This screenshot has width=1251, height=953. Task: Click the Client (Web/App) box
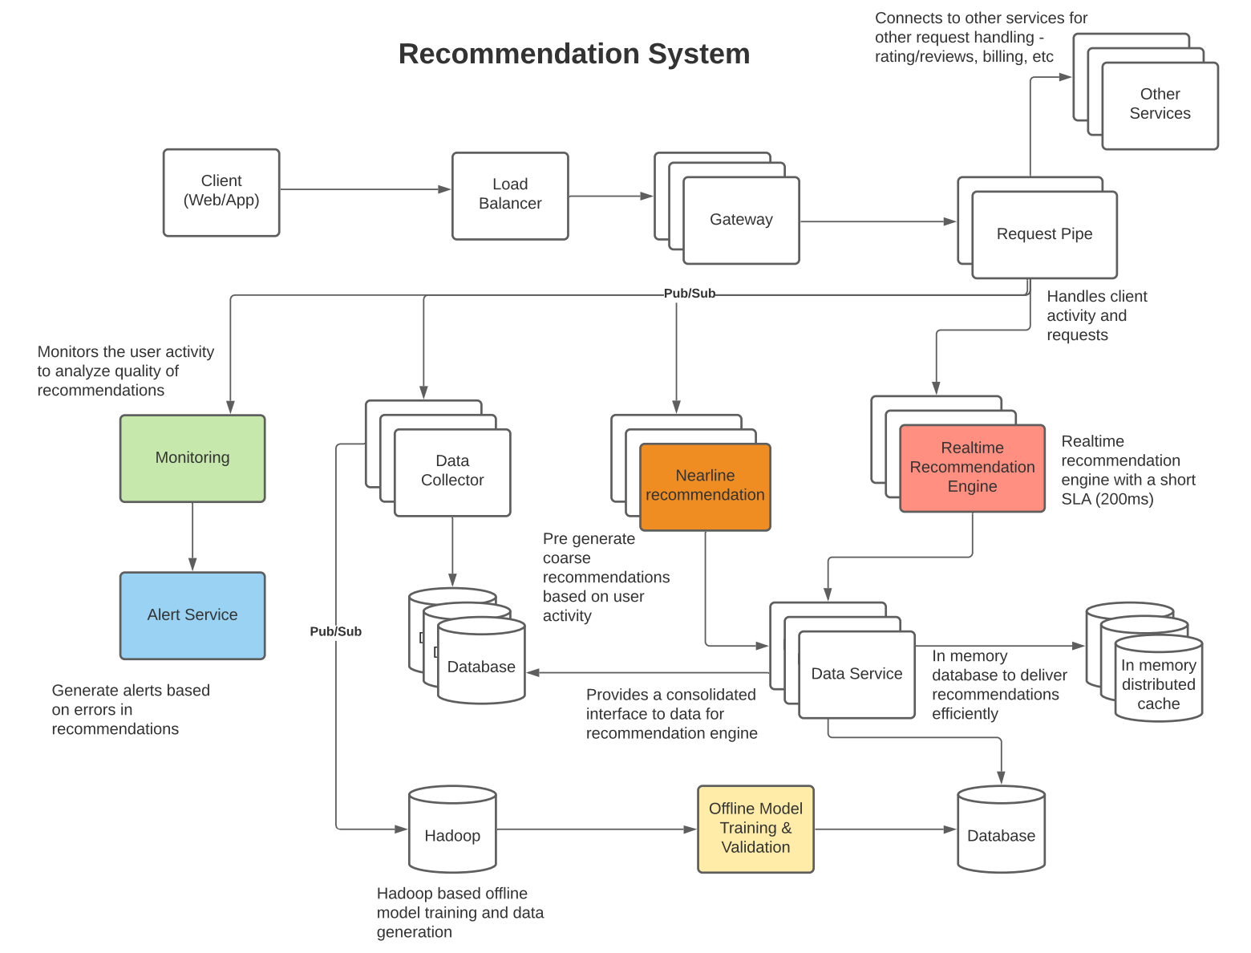click(x=221, y=193)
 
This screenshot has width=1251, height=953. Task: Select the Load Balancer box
click(x=510, y=196)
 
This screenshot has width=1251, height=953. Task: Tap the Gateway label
click(x=741, y=220)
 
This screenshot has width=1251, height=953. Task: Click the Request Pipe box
click(x=1044, y=234)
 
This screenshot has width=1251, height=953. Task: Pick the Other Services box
click(x=1160, y=106)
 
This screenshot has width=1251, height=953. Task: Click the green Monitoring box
click(x=192, y=458)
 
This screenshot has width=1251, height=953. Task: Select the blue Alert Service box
click(x=192, y=615)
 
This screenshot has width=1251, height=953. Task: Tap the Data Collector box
click(x=452, y=472)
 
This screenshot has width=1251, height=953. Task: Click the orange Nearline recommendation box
click(x=705, y=487)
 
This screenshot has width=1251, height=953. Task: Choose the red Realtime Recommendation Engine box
click(x=972, y=468)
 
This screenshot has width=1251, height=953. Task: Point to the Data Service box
click(x=856, y=675)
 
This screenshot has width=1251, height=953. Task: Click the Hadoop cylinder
click(x=452, y=829)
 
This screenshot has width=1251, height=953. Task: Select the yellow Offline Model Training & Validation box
click(x=755, y=829)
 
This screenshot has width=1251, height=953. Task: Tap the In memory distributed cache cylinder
click(x=1159, y=679)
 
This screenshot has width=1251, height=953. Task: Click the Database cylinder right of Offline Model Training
click(x=1001, y=829)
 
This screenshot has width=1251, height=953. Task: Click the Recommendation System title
click(x=574, y=55)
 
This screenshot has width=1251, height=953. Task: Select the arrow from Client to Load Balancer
click(x=366, y=189)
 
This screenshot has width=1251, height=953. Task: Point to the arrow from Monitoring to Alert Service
click(x=192, y=537)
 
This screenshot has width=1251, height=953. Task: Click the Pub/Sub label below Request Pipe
click(x=689, y=294)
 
